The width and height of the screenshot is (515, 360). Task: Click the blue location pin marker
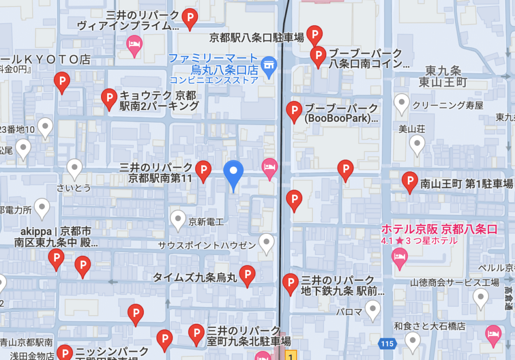[233, 173]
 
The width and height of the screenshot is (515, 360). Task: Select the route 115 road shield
[386, 344]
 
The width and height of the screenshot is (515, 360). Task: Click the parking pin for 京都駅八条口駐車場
[315, 36]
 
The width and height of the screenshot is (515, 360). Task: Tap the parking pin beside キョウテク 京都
[109, 98]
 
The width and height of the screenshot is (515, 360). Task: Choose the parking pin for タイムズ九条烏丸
[247, 275]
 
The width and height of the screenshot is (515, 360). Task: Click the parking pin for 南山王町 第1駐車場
[410, 182]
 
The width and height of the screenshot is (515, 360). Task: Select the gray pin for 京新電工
[178, 219]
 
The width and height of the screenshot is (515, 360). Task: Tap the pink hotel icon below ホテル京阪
[399, 258]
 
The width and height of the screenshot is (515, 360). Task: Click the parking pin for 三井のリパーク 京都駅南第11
[203, 170]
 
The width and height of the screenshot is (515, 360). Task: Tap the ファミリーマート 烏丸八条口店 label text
[213, 64]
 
